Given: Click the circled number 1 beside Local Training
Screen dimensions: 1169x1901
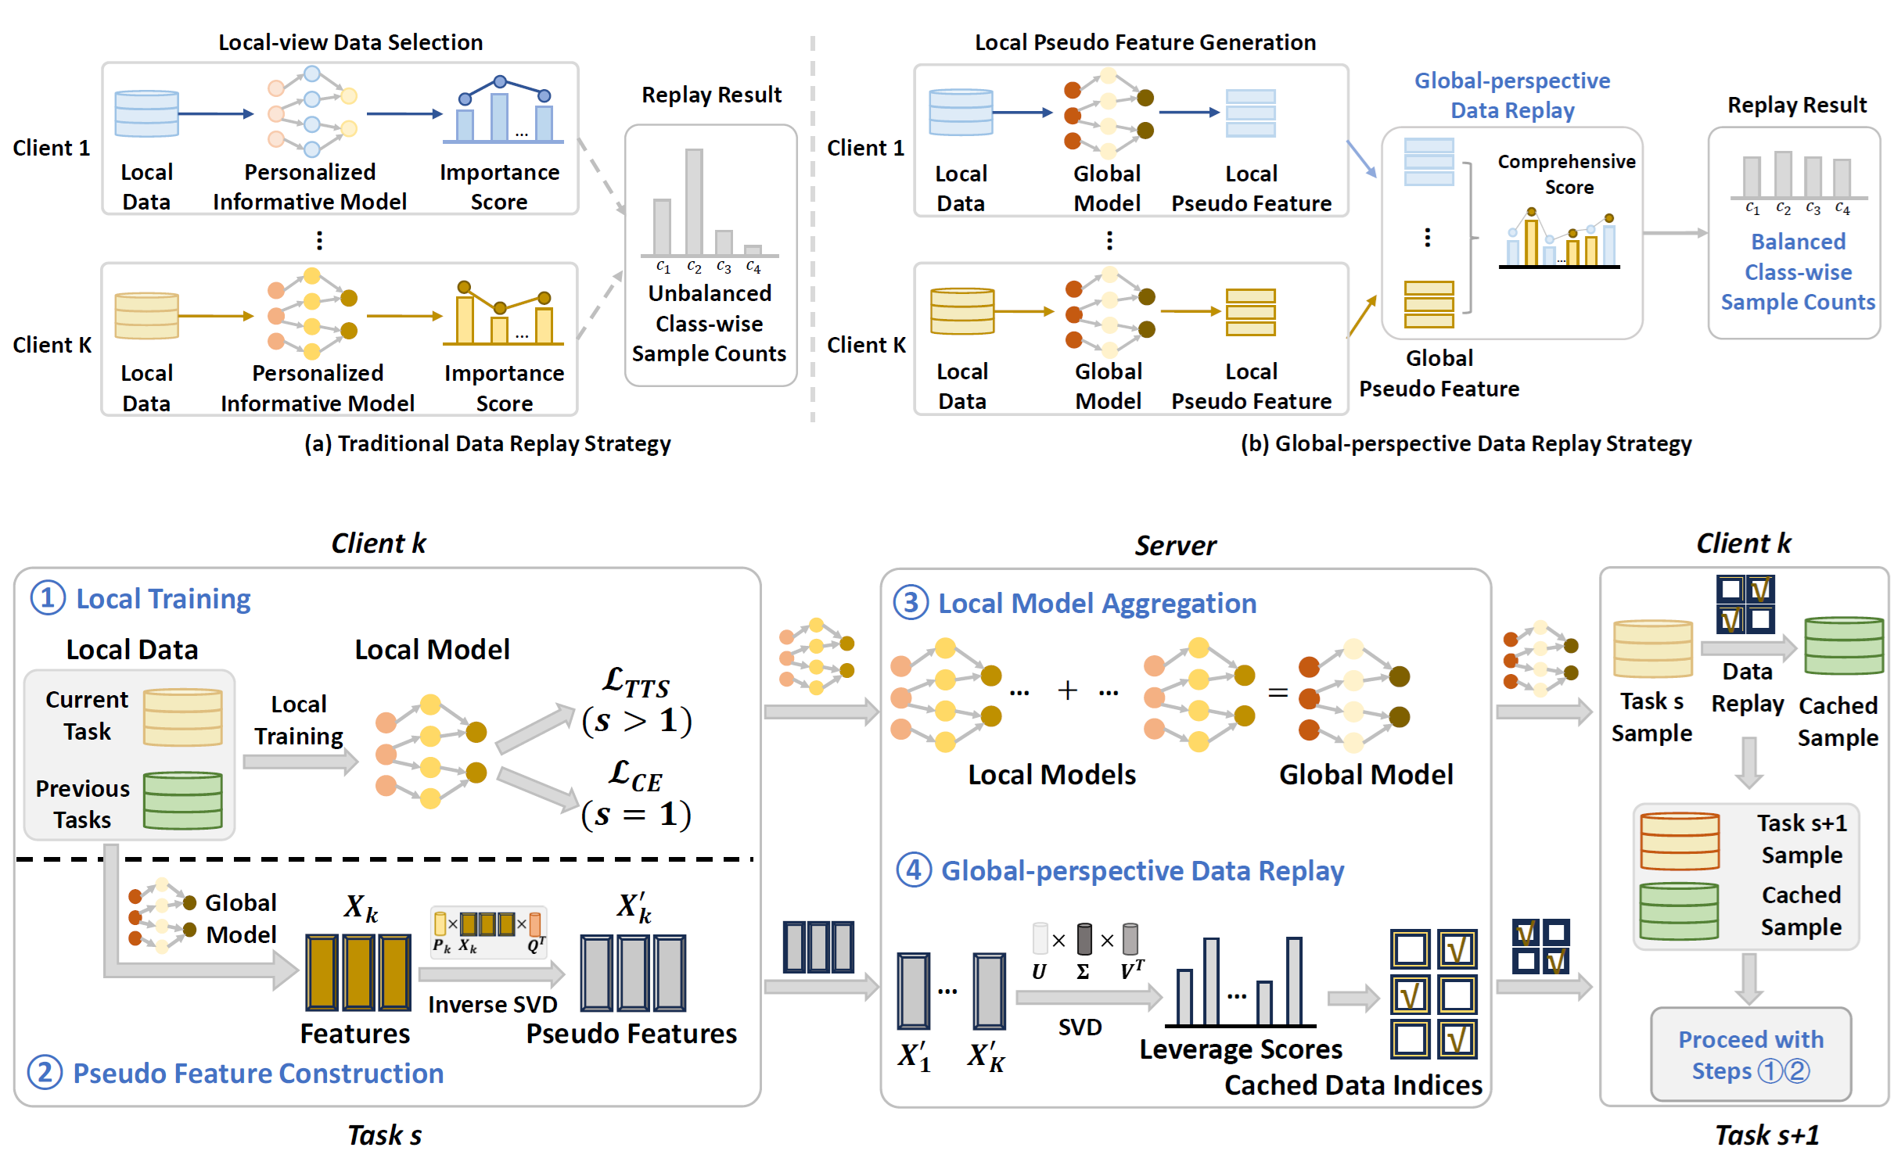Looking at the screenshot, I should [47, 598].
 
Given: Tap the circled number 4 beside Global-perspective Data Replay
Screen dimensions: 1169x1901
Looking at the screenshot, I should [913, 870].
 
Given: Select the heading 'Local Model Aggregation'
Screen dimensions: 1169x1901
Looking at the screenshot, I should [1097, 604].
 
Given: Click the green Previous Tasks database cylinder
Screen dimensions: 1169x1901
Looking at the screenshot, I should [183, 800].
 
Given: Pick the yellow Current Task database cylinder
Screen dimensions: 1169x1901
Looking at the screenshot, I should [183, 716].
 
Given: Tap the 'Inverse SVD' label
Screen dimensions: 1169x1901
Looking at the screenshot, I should [492, 1004].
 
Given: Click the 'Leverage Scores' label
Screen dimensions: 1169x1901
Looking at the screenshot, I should [1240, 1049].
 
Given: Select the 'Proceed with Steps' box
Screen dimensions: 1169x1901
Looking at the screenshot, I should [1750, 1054].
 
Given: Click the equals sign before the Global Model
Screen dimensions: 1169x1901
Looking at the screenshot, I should [1278, 692].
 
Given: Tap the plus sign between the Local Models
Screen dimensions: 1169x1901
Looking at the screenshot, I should [1067, 690].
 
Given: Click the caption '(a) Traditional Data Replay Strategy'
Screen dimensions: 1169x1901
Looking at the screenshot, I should [487, 444].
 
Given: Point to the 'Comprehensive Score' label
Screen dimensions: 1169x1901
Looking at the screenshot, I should [1566, 174].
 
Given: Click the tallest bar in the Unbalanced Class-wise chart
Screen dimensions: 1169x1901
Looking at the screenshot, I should [694, 202].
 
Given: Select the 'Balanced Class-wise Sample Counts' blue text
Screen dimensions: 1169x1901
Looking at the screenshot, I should [1797, 271].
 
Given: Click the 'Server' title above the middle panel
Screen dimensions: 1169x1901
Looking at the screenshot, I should [1175, 546].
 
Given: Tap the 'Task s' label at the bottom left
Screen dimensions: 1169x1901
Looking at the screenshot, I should [384, 1135].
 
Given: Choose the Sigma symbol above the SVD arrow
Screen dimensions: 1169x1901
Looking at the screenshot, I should [1083, 972].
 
